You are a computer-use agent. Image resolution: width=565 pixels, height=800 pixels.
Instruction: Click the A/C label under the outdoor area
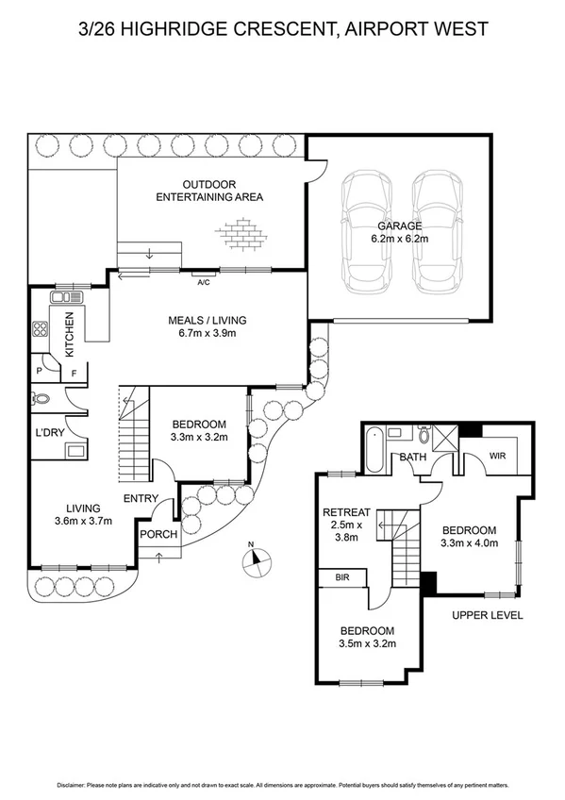tap(203, 282)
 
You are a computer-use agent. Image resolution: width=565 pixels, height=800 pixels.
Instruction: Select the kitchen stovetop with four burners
tap(41, 330)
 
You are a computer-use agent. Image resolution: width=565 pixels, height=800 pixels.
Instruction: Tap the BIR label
tap(341, 576)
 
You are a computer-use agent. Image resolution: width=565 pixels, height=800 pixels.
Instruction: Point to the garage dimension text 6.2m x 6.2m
tap(399, 239)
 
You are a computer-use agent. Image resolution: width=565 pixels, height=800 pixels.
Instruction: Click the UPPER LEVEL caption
tap(487, 615)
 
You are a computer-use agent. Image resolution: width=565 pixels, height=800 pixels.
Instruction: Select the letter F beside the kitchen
tap(74, 374)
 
